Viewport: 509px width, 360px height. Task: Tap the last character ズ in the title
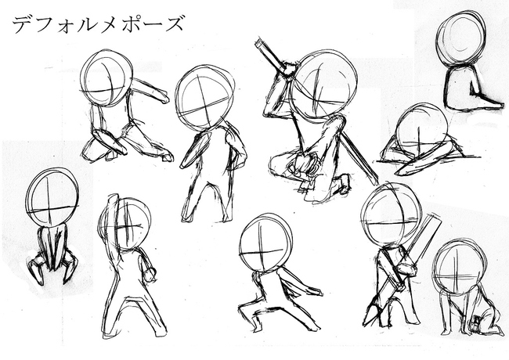[x=175, y=23]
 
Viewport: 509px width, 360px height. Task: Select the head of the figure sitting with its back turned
[x=460, y=39]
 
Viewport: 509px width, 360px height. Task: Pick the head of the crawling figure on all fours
[x=460, y=266]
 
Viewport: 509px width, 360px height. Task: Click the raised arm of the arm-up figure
[x=110, y=219]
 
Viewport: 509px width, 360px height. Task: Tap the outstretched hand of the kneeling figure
[x=162, y=98]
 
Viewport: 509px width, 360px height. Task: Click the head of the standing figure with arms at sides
[x=204, y=98]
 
